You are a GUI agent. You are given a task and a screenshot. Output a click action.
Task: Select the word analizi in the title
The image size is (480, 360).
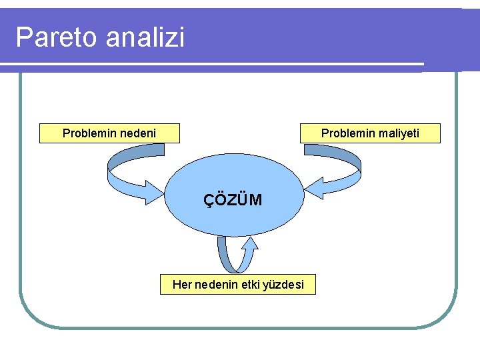pyautogui.click(x=144, y=37)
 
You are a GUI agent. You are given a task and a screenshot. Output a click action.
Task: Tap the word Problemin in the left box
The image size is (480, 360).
pyautogui.click(x=89, y=133)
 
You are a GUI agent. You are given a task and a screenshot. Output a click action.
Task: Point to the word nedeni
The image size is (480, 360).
pyautogui.click(x=137, y=133)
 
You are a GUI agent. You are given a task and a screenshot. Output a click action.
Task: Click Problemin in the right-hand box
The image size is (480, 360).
pyautogui.click(x=348, y=133)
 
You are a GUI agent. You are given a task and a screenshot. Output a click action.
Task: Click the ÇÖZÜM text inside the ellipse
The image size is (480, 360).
pyautogui.click(x=233, y=199)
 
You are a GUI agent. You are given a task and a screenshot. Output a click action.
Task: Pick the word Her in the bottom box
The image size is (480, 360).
pyautogui.click(x=181, y=285)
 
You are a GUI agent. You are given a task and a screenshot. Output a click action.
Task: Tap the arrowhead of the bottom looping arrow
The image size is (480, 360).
pyautogui.click(x=249, y=244)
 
